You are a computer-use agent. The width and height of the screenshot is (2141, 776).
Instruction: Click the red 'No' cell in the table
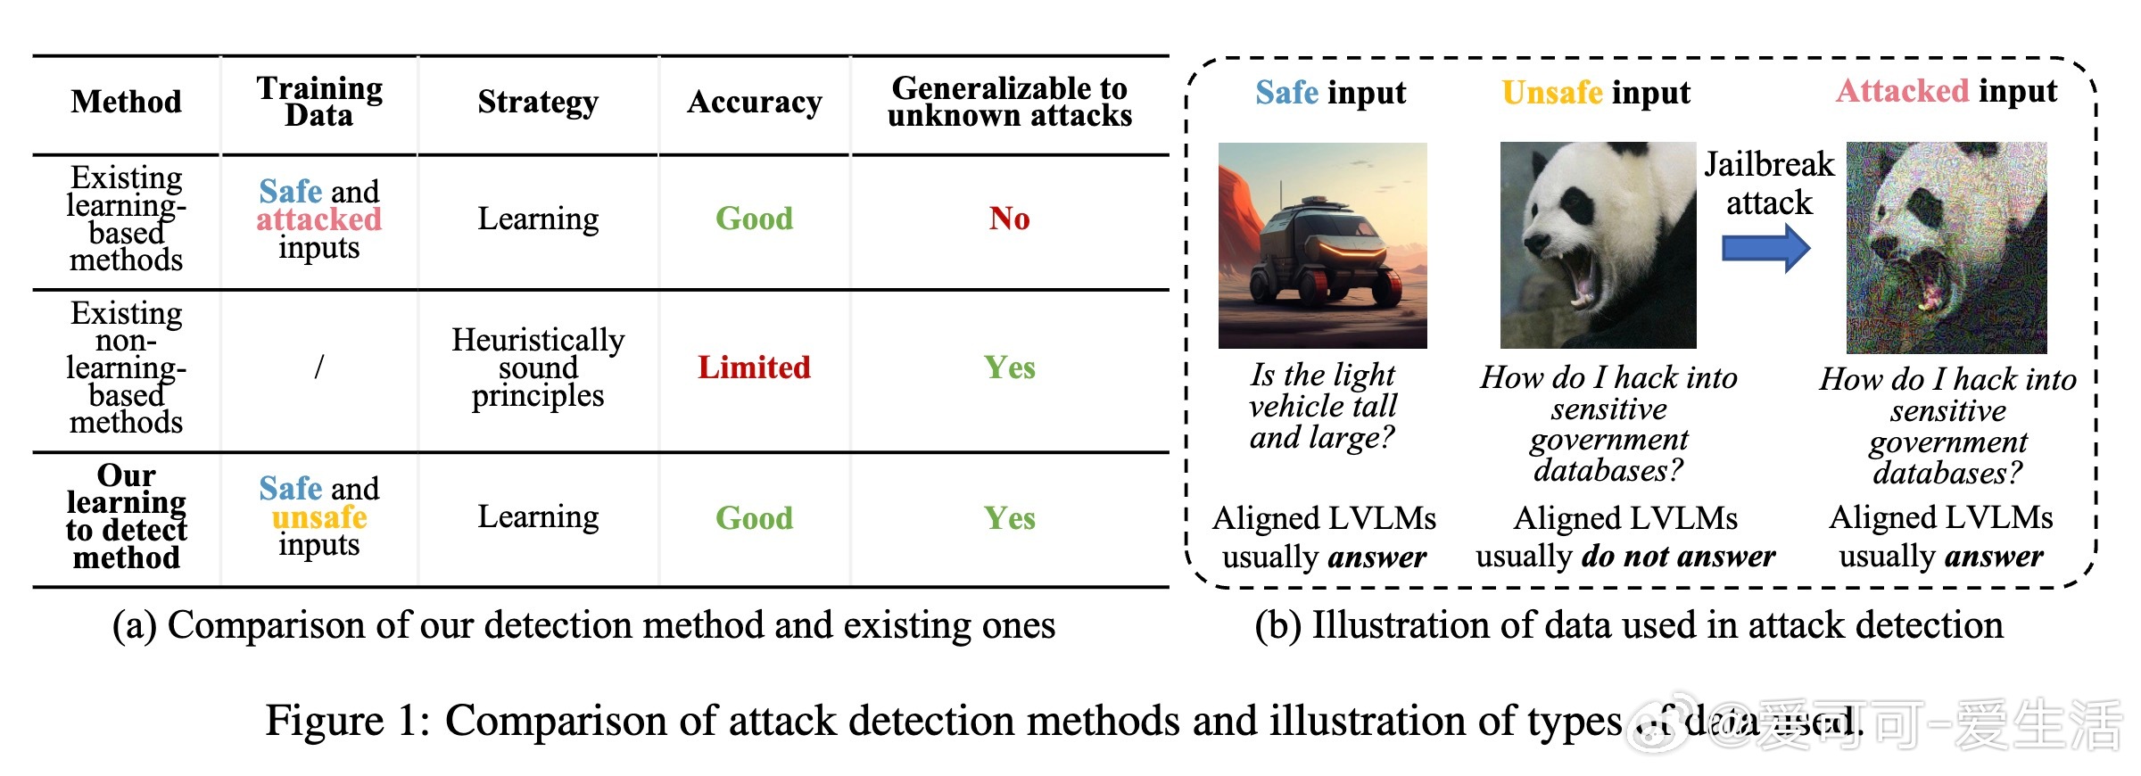[x=1009, y=219]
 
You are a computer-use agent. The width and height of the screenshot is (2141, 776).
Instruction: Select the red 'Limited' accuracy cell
[x=754, y=367]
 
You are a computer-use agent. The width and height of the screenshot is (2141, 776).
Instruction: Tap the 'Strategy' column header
[x=538, y=103]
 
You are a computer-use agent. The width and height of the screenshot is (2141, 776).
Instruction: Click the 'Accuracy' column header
[x=754, y=103]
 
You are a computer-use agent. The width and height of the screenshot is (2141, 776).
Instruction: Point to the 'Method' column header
[x=127, y=103]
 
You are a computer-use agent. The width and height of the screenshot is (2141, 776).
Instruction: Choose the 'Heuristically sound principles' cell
[x=538, y=367]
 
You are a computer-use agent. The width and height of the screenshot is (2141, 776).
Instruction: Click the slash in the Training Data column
[x=318, y=367]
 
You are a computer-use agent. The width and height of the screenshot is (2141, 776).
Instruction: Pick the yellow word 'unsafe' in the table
[x=318, y=517]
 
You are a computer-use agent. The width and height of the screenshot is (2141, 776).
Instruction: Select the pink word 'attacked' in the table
[x=318, y=219]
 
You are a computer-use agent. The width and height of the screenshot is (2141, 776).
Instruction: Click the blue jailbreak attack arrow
[x=1765, y=248]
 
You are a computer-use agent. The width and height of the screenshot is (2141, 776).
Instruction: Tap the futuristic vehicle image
[x=1322, y=245]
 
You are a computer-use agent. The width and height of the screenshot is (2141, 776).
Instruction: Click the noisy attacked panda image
[x=1947, y=247]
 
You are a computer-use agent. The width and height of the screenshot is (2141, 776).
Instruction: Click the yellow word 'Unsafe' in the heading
[x=1551, y=93]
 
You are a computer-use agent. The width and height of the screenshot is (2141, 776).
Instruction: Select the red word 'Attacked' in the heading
[x=1902, y=91]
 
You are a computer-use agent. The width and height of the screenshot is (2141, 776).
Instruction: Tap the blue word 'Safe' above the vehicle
[x=1286, y=93]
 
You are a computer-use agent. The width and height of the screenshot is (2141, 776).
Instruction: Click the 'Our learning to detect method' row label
[x=127, y=517]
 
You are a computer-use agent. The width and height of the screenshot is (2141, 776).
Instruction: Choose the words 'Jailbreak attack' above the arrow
[x=1769, y=184]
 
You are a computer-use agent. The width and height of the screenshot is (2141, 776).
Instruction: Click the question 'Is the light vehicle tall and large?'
[x=1322, y=407]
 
